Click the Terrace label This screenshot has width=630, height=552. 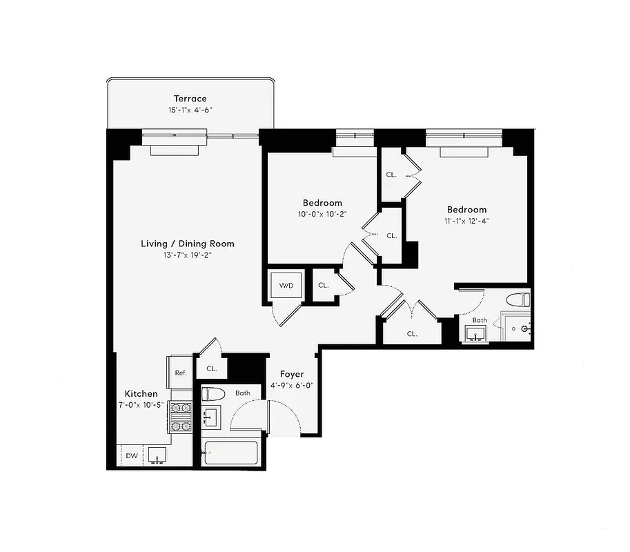click(190, 99)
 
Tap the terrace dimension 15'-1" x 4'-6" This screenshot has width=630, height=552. click(190, 110)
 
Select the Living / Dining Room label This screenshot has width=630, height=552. click(188, 244)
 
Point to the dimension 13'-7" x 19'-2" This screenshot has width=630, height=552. click(188, 255)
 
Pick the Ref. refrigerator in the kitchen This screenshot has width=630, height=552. click(181, 373)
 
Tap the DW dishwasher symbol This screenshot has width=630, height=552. click(131, 455)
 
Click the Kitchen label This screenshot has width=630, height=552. click(141, 393)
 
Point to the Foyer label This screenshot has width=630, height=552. click(291, 374)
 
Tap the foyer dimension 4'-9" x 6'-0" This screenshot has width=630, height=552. click(291, 386)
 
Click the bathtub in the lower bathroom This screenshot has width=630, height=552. click(231, 453)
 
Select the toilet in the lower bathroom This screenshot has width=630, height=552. click(213, 394)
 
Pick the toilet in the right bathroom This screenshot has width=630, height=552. click(518, 300)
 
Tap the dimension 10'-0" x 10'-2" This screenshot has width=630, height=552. click(322, 214)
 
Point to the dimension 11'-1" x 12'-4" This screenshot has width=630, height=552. click(466, 221)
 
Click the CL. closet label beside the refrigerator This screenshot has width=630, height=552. click(211, 368)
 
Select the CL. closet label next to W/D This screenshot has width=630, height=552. click(323, 285)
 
